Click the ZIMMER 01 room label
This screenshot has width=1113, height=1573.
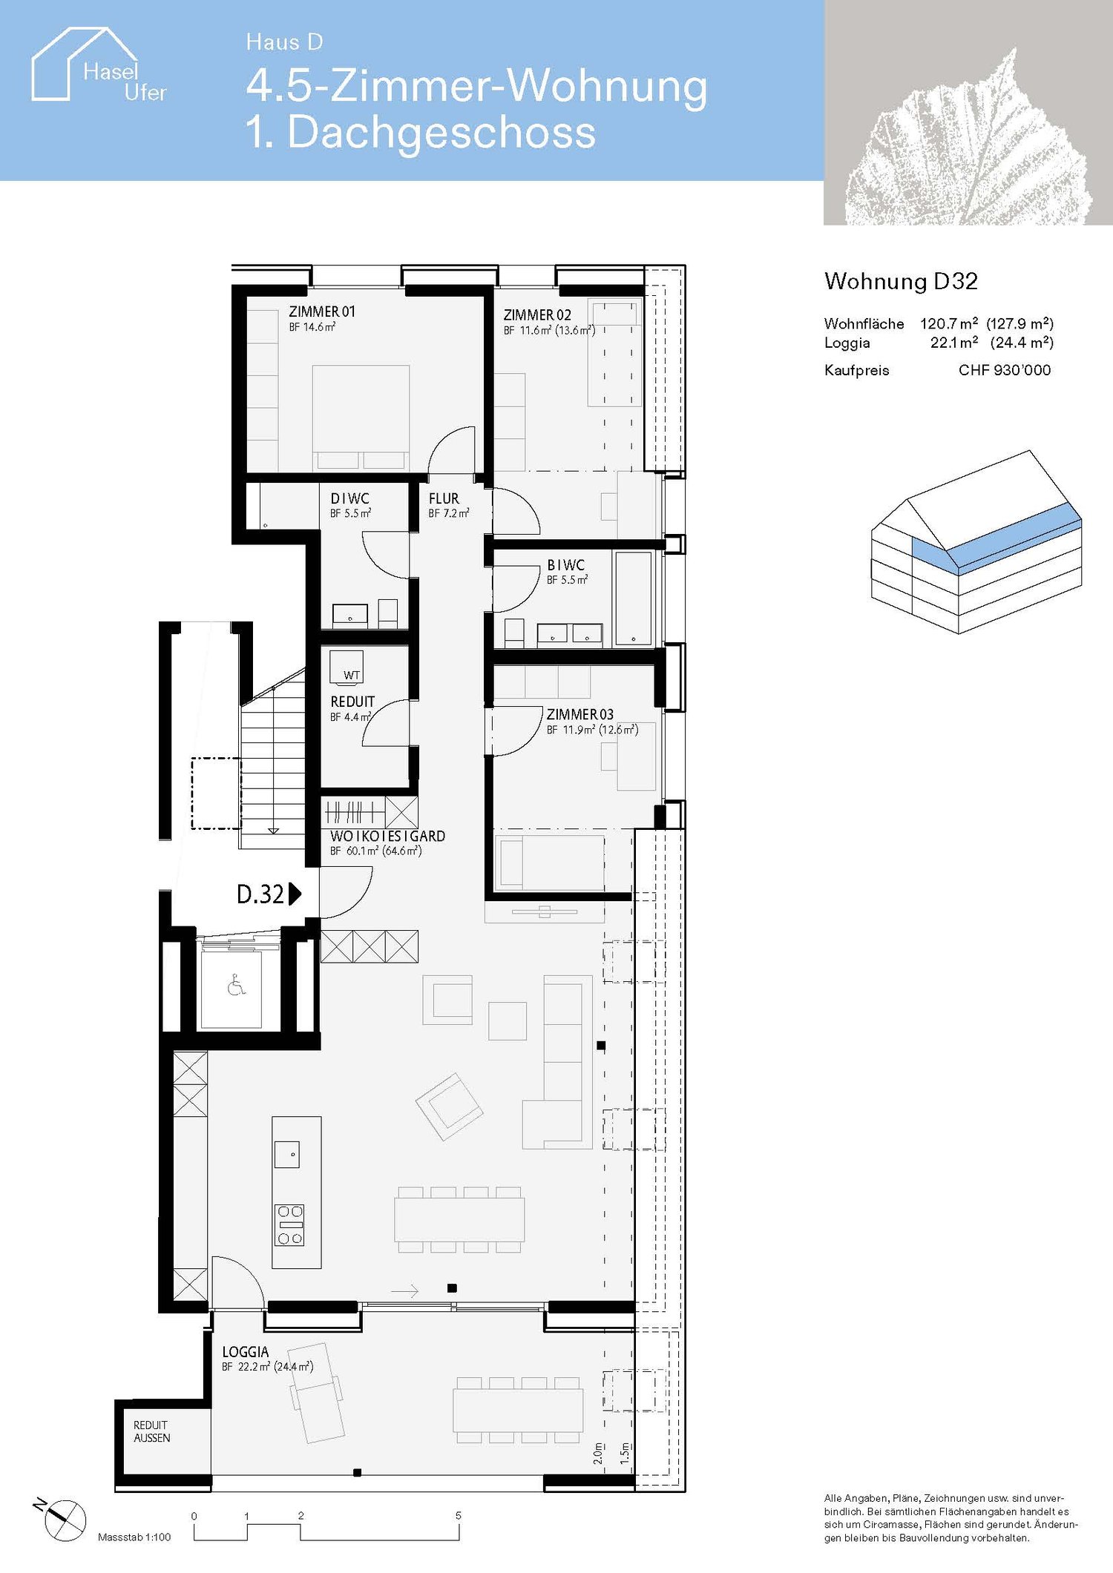[322, 312]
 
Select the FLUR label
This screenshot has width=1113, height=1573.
[444, 499]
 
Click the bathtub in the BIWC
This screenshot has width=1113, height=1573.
[633, 598]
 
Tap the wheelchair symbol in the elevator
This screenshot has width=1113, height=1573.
[236, 986]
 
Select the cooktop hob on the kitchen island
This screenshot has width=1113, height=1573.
[290, 1225]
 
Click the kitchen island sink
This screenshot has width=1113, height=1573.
[287, 1155]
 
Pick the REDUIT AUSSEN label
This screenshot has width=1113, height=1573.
[151, 1431]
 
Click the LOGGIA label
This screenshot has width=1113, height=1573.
[245, 1352]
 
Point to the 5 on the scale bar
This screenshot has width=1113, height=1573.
[459, 1515]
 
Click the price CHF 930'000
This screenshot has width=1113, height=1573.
[1004, 370]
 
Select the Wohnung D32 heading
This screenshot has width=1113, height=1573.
[901, 281]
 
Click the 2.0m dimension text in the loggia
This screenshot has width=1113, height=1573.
[598, 1453]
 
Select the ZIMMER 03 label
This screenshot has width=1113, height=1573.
[580, 714]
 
